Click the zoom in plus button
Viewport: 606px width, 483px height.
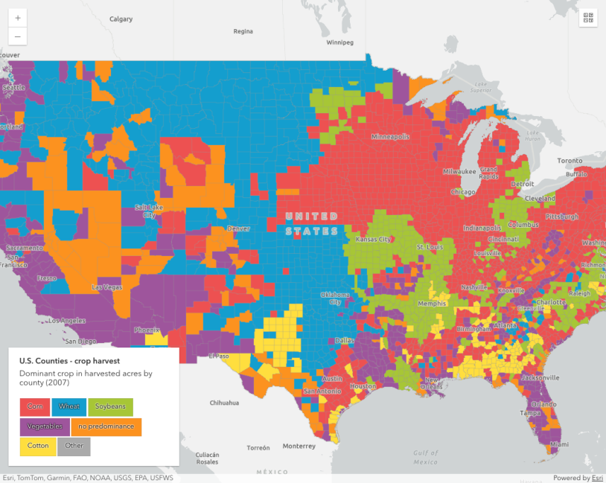pyautogui.click(x=18, y=17)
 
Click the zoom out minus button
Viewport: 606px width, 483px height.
pyautogui.click(x=18, y=36)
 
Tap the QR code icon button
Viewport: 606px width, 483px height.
pyautogui.click(x=588, y=18)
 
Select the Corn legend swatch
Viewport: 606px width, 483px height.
pyautogui.click(x=34, y=406)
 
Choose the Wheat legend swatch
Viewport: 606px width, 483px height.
pyautogui.click(x=69, y=406)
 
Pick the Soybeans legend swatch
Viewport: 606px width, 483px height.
pyautogui.click(x=110, y=406)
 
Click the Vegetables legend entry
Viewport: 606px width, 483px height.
pyautogui.click(x=45, y=426)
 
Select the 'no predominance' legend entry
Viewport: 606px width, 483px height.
pyautogui.click(x=106, y=426)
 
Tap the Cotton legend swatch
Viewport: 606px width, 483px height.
pyautogui.click(x=37, y=447)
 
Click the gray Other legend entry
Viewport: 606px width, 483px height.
pyautogui.click(x=74, y=447)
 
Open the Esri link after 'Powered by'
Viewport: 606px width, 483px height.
pyautogui.click(x=597, y=478)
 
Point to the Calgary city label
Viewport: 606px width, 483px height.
pyautogui.click(x=121, y=19)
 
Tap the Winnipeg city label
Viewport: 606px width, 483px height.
pyautogui.click(x=339, y=42)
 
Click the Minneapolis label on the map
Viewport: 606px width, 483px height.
pyautogui.click(x=390, y=137)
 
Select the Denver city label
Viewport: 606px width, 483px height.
pyautogui.click(x=238, y=228)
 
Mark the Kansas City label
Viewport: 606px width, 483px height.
pyautogui.click(x=374, y=239)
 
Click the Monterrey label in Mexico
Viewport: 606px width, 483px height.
pyautogui.click(x=299, y=446)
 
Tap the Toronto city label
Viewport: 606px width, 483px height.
pyautogui.click(x=571, y=161)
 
